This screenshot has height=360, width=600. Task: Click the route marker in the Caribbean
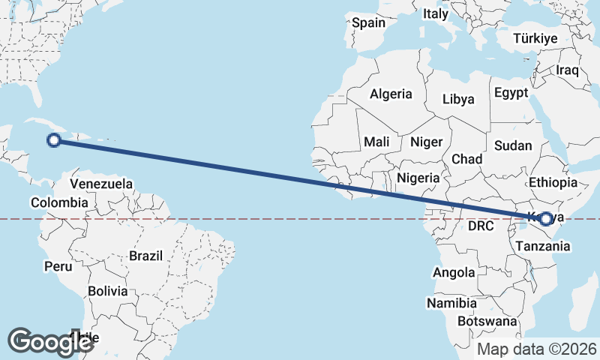click(x=54, y=139)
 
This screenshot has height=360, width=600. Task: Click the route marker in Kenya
click(x=546, y=219)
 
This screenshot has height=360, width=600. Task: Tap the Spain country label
click(x=368, y=22)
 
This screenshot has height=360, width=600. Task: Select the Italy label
click(x=435, y=13)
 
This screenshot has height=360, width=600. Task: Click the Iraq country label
click(x=567, y=70)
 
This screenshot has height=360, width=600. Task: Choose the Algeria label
click(x=391, y=94)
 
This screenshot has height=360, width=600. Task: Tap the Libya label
click(x=458, y=99)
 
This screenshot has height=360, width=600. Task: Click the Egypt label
click(x=511, y=93)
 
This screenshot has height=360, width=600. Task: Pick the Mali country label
click(x=376, y=142)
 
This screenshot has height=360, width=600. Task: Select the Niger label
click(x=427, y=142)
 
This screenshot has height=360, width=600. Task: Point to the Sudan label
click(x=514, y=145)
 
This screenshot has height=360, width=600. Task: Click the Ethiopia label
click(x=553, y=182)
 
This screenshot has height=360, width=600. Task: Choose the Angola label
click(x=454, y=273)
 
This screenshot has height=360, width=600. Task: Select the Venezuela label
click(x=101, y=184)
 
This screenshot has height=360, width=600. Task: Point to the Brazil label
click(x=145, y=256)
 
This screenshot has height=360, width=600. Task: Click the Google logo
click(x=50, y=342)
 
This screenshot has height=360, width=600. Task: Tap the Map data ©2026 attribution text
click(x=537, y=349)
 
